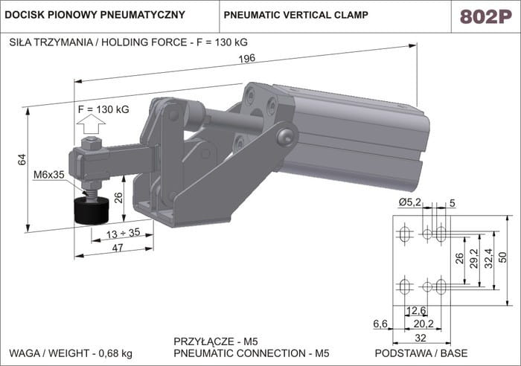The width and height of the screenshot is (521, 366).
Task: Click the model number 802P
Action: [484, 16]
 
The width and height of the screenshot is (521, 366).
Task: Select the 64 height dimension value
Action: [22, 159]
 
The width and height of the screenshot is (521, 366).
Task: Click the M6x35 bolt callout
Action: [49, 176]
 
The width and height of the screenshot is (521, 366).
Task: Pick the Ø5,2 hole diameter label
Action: [409, 202]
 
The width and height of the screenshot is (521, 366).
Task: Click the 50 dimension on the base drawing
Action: [502, 257]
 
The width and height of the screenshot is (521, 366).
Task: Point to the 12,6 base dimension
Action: [416, 311]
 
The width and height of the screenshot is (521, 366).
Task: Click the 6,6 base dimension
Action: [380, 324]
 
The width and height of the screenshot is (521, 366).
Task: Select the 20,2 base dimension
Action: [423, 324]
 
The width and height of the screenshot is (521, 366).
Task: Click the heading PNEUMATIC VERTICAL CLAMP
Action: [296, 15]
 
